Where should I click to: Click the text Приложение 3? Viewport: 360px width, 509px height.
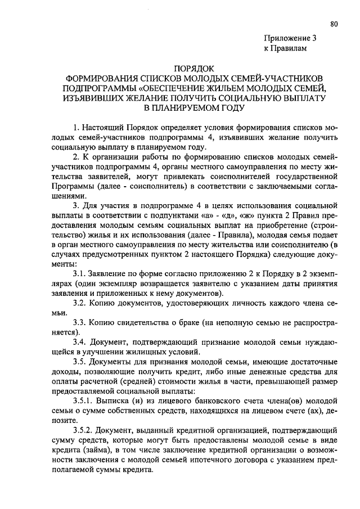pos(291,39)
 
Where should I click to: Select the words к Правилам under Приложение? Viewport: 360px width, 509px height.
pos(286,49)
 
